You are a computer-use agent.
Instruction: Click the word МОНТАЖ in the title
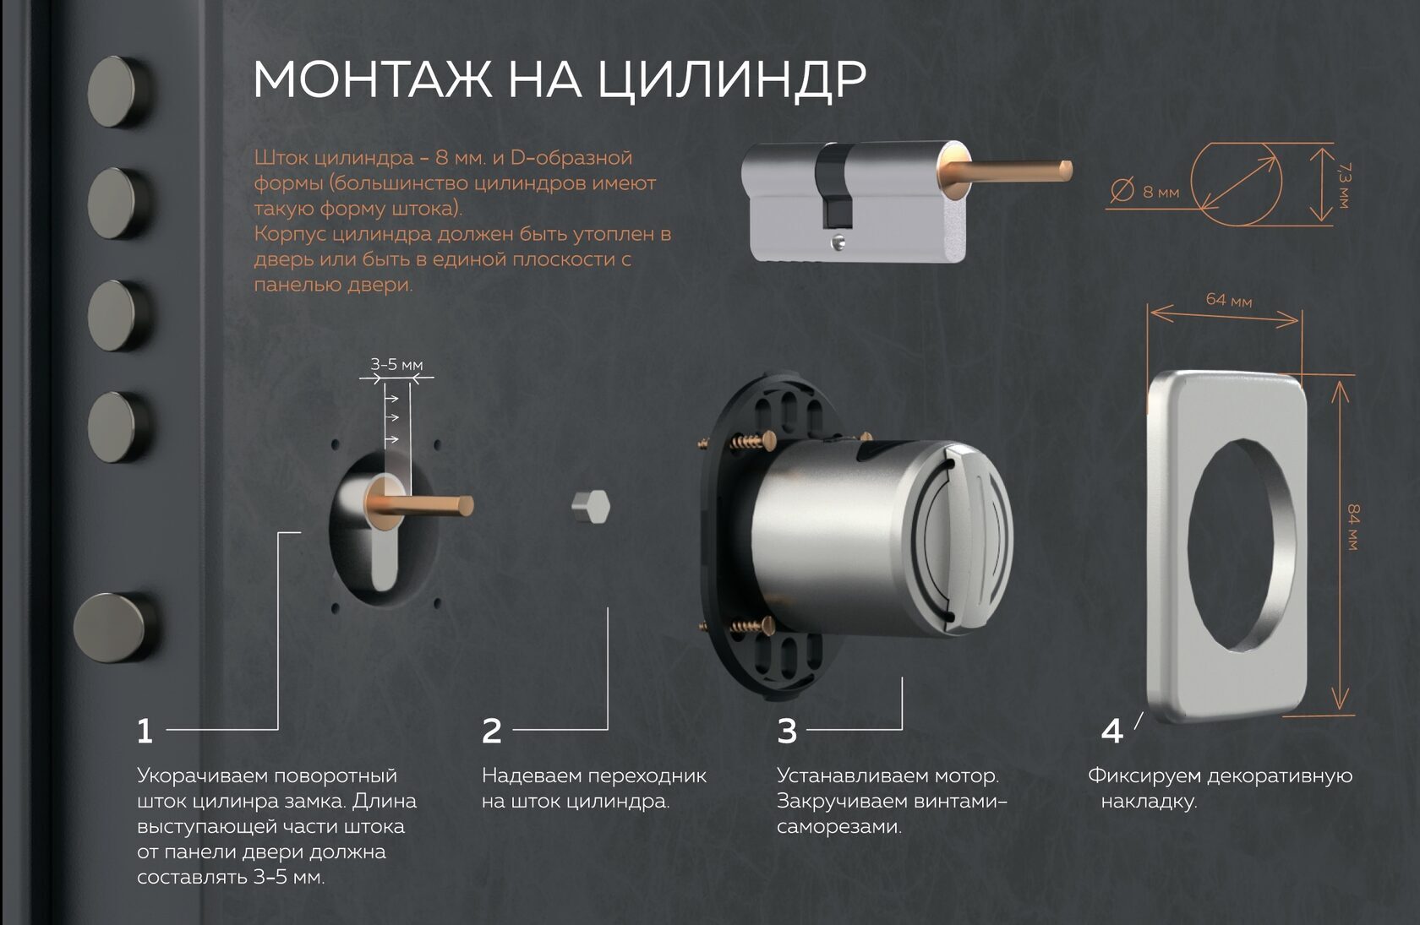[x=372, y=79]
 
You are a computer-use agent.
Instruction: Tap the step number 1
[x=145, y=732]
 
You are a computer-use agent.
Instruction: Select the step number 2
[x=492, y=732]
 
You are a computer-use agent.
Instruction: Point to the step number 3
[x=787, y=732]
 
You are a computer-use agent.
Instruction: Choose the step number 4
[x=1112, y=732]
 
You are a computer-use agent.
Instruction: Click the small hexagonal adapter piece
[x=591, y=507]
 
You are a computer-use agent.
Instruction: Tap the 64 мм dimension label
[x=1229, y=300]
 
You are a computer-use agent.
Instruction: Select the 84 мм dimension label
[x=1352, y=527]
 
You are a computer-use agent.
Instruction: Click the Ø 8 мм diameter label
[x=1144, y=191]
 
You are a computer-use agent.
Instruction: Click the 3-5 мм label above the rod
[x=397, y=364]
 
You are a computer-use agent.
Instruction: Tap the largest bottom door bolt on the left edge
[x=114, y=628]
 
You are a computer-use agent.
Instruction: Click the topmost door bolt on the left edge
[x=117, y=91]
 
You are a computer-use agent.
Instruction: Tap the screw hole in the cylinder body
[x=838, y=242]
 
